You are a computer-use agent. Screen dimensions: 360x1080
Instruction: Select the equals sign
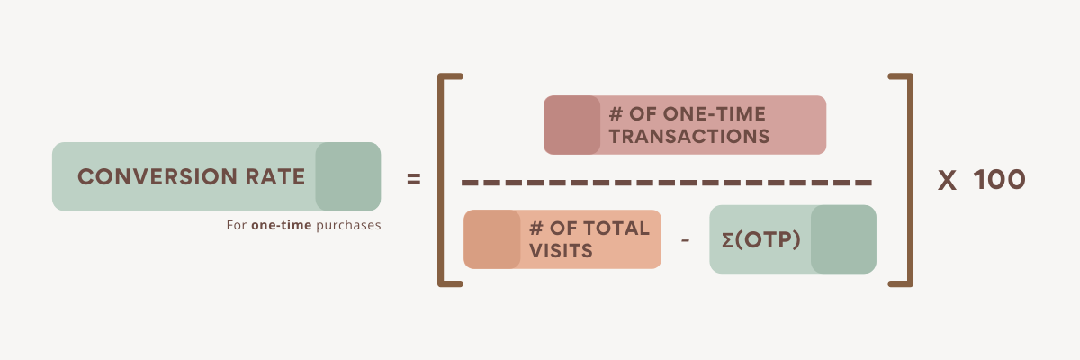pyautogui.click(x=414, y=180)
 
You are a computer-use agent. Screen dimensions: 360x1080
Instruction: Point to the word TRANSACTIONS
pyautogui.click(x=689, y=138)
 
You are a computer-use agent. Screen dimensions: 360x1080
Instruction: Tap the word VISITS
pyautogui.click(x=562, y=251)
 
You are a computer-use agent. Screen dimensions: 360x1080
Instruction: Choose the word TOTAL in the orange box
pyautogui.click(x=616, y=229)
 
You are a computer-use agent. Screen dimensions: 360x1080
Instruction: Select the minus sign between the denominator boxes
pyautogui.click(x=686, y=241)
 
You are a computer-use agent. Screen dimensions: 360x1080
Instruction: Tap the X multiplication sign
pyautogui.click(x=947, y=181)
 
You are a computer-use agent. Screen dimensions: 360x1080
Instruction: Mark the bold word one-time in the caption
pyautogui.click(x=282, y=225)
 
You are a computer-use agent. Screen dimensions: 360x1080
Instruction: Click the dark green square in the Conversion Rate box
pyautogui.click(x=347, y=176)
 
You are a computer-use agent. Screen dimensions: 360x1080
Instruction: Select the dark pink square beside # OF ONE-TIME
pyautogui.click(x=571, y=125)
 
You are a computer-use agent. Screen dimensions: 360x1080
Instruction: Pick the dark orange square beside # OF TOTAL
pyautogui.click(x=491, y=239)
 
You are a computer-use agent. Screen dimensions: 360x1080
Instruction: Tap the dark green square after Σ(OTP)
pyautogui.click(x=843, y=239)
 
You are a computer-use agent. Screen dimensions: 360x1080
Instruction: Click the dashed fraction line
pyautogui.click(x=666, y=184)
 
